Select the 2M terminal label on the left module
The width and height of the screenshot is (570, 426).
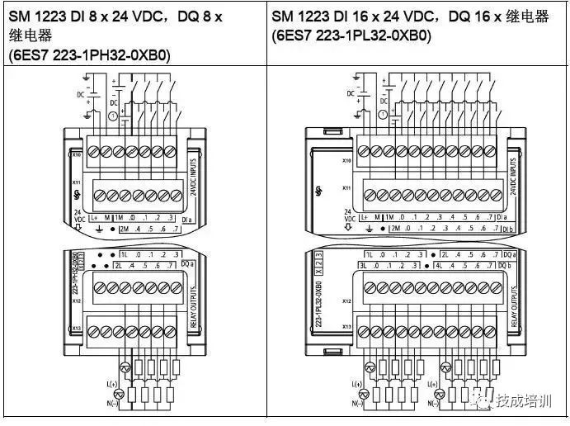pos(125,228)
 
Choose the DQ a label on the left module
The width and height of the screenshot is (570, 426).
pos(186,263)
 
